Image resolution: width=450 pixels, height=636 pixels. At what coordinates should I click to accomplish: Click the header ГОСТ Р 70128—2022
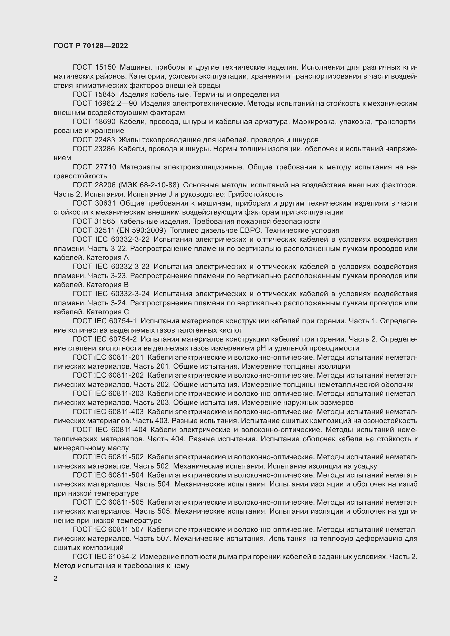(x=91, y=46)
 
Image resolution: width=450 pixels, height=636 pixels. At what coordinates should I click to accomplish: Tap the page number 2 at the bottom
(x=56, y=578)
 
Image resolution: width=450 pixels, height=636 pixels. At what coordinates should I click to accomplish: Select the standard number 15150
(x=105, y=67)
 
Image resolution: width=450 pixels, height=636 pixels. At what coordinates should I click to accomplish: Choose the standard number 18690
(x=105, y=122)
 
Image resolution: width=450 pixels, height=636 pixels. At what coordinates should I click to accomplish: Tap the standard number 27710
(x=105, y=167)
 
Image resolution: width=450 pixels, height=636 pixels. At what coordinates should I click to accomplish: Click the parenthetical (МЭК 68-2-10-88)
(x=149, y=185)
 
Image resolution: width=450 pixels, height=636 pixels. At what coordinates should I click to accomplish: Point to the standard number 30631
(x=105, y=203)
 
